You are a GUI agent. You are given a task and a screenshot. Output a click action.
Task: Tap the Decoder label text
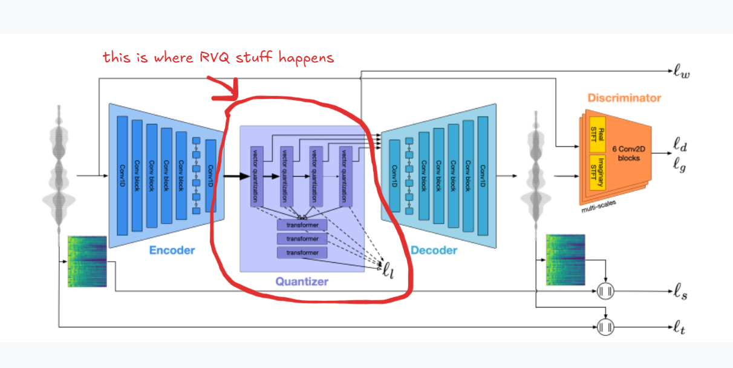(x=434, y=250)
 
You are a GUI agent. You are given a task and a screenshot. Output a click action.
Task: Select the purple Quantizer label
(x=302, y=281)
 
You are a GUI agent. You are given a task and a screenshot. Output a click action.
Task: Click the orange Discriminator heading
(x=624, y=97)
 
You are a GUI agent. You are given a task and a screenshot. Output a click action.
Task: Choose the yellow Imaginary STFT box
(x=598, y=172)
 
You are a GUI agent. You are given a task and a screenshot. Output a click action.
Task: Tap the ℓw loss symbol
(x=682, y=74)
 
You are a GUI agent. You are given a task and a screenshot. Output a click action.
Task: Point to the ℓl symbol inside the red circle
(x=388, y=268)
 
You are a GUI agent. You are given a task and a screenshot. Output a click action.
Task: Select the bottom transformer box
(x=302, y=253)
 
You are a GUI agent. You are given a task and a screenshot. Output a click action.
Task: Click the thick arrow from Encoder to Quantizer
(x=236, y=176)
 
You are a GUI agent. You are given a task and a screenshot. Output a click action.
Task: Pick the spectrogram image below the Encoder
(x=88, y=261)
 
